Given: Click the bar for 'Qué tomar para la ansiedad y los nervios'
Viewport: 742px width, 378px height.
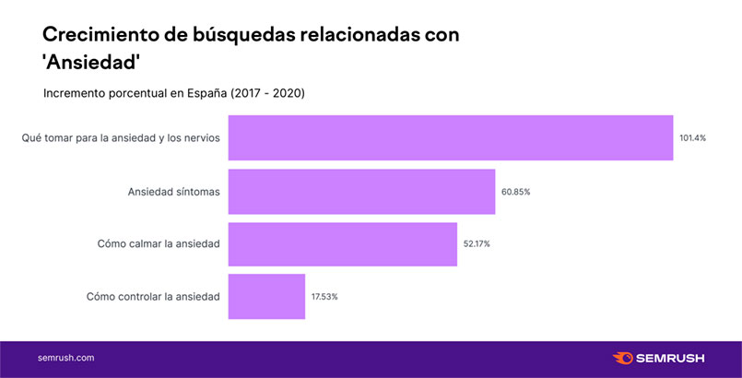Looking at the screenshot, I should (450, 138).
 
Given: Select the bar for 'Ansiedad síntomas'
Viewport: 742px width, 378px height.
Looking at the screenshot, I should (361, 192).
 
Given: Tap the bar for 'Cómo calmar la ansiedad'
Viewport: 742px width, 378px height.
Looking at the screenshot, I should (342, 244).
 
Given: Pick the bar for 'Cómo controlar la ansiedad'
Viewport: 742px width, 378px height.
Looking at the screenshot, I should (266, 297).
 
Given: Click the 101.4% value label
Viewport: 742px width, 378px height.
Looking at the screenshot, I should (692, 138).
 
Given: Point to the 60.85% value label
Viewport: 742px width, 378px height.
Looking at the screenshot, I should (516, 192).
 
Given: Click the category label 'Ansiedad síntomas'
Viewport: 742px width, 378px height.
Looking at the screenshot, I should (173, 192).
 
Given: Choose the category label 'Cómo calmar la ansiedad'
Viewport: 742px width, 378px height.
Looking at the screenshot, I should (159, 244).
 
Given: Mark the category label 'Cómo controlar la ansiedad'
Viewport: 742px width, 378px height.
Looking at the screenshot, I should (153, 297).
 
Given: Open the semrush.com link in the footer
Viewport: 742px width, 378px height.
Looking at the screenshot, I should (65, 358).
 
